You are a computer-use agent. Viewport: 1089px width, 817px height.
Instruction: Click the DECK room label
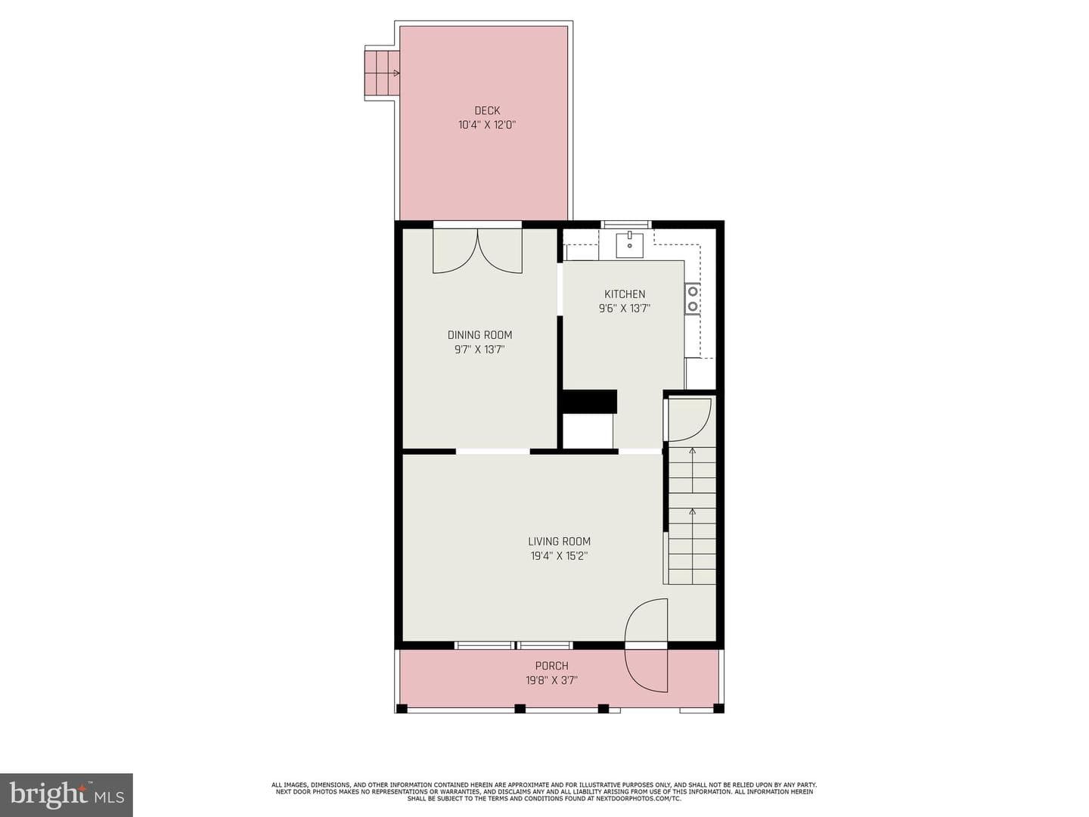pyautogui.click(x=487, y=110)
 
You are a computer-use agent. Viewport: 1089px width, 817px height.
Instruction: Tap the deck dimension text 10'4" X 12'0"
pyautogui.click(x=487, y=125)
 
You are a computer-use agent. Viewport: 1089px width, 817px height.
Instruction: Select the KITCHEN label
pyautogui.click(x=625, y=294)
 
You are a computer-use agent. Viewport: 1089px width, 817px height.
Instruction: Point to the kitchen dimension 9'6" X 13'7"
pyautogui.click(x=625, y=309)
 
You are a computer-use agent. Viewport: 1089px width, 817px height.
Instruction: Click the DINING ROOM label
pyautogui.click(x=479, y=335)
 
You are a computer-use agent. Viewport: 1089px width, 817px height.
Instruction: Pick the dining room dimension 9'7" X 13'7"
pyautogui.click(x=479, y=349)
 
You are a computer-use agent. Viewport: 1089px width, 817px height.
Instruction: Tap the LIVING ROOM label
pyautogui.click(x=559, y=542)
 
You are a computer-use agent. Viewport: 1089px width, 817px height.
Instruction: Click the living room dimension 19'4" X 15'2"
pyautogui.click(x=559, y=556)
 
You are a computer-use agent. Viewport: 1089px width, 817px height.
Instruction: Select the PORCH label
pyautogui.click(x=552, y=666)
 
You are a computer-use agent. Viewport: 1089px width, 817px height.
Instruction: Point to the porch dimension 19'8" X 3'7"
pyautogui.click(x=552, y=680)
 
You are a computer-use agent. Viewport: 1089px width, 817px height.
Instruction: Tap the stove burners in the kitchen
pyautogui.click(x=693, y=299)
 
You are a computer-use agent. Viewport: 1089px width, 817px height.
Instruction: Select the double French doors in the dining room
pyautogui.click(x=478, y=250)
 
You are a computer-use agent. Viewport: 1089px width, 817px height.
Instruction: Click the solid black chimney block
pyautogui.click(x=589, y=402)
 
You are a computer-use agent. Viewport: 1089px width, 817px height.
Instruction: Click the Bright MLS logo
pyautogui.click(x=67, y=795)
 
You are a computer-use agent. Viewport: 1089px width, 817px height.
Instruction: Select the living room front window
pyautogui.click(x=514, y=645)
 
